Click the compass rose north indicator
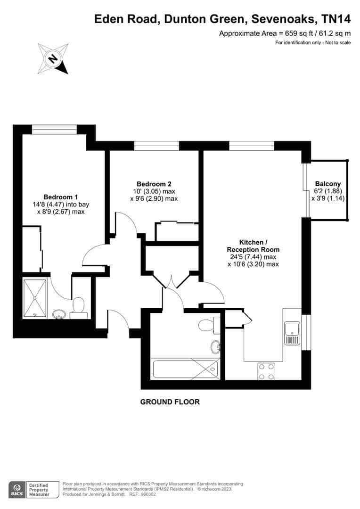point(53,59)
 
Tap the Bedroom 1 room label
point(61,197)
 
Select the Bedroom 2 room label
point(154,184)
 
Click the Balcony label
point(328,184)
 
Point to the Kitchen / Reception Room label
point(253,246)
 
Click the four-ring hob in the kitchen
point(266,371)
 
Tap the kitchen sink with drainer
point(292,333)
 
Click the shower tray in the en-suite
point(35,298)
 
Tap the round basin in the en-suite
point(59,314)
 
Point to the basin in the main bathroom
point(215,347)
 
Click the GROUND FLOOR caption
point(170,402)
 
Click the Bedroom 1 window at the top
point(55,129)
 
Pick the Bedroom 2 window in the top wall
point(156,146)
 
